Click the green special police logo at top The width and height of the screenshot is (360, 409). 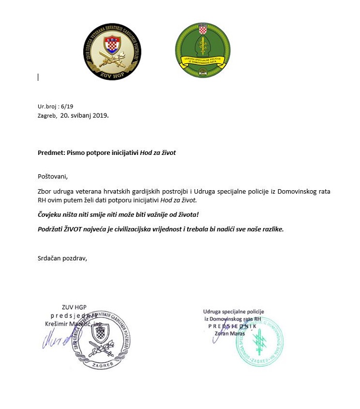click(x=202, y=50)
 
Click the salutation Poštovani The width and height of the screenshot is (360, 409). click(x=52, y=176)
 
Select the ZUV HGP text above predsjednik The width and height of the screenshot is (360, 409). click(x=74, y=307)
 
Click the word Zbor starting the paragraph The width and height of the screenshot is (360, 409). click(x=45, y=191)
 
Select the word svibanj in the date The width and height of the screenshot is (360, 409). click(x=82, y=116)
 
